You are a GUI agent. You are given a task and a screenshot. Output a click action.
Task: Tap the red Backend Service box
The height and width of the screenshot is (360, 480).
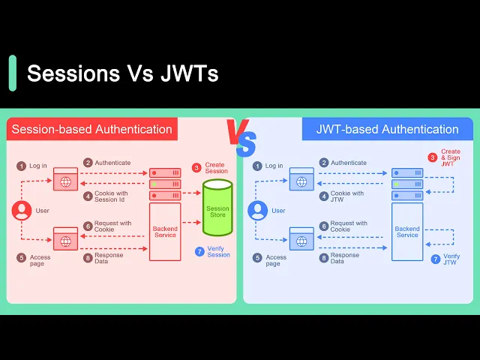(x=165, y=231)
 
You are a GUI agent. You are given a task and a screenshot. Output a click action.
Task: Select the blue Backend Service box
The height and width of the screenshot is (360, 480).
(x=407, y=231)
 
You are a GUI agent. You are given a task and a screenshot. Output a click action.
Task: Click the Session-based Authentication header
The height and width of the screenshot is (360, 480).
(x=92, y=129)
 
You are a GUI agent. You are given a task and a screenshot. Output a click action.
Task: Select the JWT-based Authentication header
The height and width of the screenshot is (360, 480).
(x=387, y=129)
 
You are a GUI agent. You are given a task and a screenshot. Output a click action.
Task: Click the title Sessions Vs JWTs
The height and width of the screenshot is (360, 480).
(x=122, y=73)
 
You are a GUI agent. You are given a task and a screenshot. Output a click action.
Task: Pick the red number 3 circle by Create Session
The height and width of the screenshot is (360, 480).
(x=197, y=167)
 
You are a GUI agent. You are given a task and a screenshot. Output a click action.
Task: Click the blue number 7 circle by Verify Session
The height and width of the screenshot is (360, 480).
(x=199, y=251)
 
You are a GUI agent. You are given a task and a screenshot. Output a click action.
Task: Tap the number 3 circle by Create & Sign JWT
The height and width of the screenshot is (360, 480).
(x=433, y=157)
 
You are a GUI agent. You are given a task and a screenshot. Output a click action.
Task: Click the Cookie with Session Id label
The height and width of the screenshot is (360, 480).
(x=111, y=196)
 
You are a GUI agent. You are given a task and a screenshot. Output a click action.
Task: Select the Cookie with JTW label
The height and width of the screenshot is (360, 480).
(x=346, y=196)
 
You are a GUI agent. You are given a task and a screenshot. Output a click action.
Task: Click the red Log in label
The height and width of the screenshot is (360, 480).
(x=38, y=166)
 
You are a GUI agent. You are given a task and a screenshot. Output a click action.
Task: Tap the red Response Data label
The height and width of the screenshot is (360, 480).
(x=108, y=258)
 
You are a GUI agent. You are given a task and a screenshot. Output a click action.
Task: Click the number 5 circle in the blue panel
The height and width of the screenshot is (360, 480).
(x=258, y=258)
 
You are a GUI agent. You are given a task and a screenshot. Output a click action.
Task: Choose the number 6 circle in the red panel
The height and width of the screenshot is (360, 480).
(x=88, y=226)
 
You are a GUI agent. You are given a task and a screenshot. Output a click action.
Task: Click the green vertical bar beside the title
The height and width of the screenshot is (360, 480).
(x=13, y=73)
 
